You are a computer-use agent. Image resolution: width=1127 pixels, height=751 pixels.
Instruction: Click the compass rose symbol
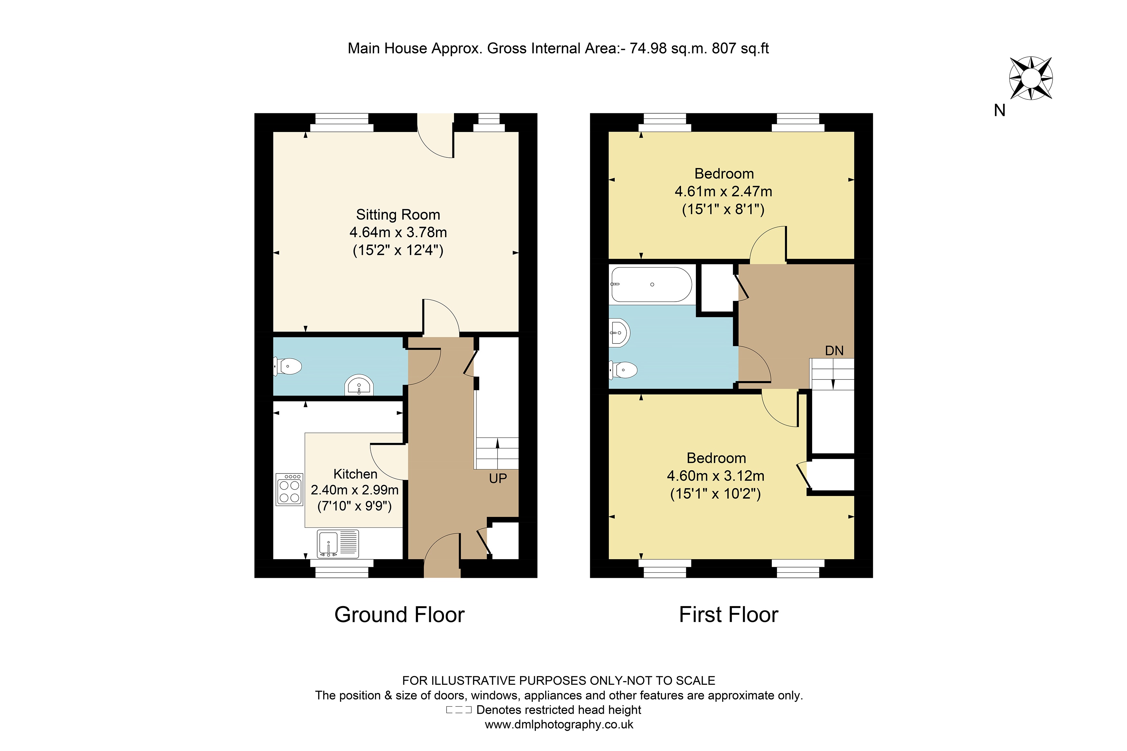[1030, 78]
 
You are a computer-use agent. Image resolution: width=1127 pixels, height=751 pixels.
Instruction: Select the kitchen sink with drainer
[338, 544]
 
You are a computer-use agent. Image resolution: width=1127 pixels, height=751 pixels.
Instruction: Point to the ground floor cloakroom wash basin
[359, 385]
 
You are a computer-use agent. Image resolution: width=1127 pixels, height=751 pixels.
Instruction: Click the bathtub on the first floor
[651, 285]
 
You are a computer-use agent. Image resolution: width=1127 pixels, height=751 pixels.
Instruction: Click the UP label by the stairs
[497, 478]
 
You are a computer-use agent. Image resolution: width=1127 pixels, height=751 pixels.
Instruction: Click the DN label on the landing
[834, 351]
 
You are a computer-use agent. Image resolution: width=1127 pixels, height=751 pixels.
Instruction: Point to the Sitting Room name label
[398, 215]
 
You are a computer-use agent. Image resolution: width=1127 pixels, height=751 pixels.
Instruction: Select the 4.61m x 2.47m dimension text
[723, 192]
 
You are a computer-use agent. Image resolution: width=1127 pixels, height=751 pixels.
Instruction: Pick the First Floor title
[728, 615]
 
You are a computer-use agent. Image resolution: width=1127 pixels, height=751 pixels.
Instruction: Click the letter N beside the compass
[999, 111]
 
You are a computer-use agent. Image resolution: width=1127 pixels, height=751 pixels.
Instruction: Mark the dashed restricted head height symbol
[459, 710]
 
